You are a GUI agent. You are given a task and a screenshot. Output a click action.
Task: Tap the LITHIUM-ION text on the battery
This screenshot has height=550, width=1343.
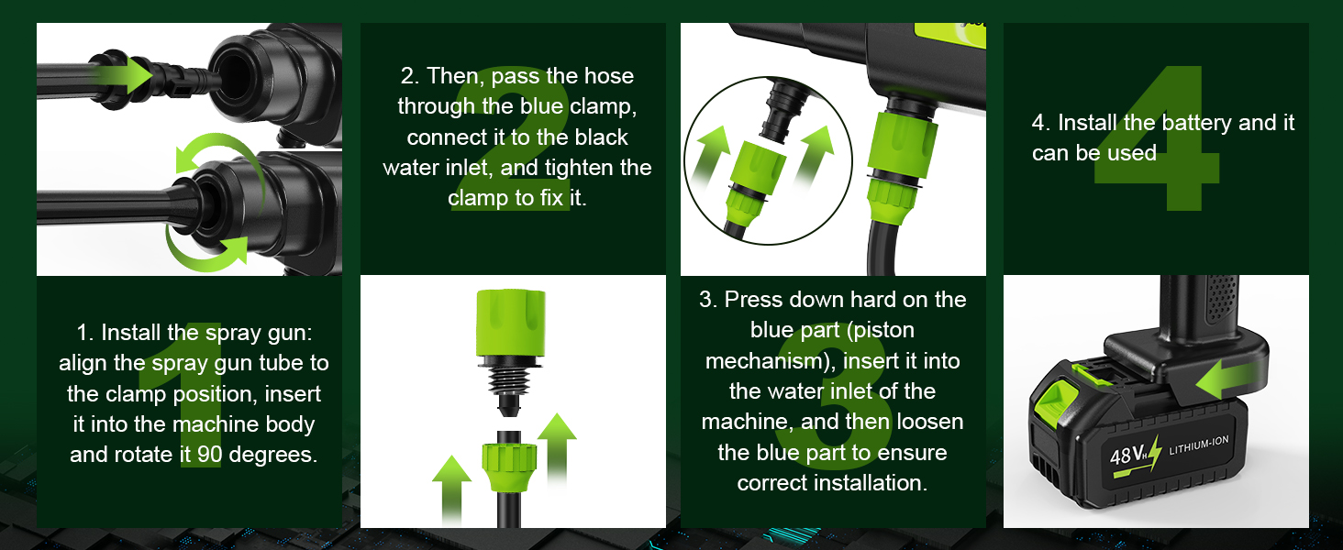(1198, 445)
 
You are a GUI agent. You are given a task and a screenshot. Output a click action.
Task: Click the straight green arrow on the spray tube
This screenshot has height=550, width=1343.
(122, 75)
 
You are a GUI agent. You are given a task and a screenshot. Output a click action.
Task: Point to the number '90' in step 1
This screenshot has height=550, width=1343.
(210, 454)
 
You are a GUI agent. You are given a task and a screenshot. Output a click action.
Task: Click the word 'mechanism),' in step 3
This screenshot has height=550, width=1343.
(770, 360)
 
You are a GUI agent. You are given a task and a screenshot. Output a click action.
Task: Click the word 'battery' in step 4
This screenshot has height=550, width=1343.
(1197, 123)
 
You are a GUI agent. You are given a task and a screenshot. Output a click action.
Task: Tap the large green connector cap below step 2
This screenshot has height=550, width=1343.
(511, 324)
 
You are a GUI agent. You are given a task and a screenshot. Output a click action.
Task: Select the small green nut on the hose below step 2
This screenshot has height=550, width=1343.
(508, 467)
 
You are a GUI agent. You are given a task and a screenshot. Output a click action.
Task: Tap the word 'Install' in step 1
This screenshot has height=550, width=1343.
(131, 332)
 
